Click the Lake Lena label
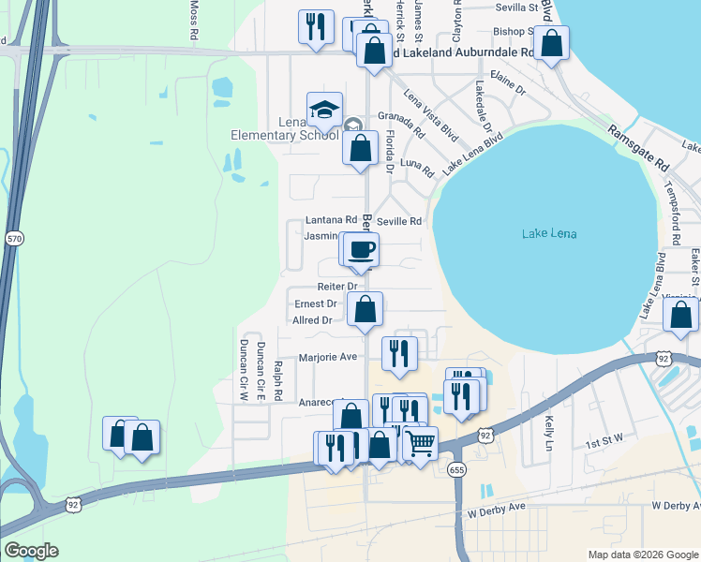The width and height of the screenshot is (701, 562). point(549,233)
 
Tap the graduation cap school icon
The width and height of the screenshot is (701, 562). point(324,111)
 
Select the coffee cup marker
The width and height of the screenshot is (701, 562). point(362,250)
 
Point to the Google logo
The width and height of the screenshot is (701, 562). point(30,551)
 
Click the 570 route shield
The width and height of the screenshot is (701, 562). point(13,238)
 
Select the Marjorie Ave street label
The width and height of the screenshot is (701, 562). point(328,357)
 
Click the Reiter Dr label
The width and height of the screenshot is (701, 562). point(339,286)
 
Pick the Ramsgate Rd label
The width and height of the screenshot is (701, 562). point(637,148)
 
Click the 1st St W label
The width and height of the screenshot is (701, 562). point(604,443)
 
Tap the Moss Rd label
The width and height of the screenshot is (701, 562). point(195,19)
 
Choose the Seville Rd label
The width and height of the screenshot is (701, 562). point(399,221)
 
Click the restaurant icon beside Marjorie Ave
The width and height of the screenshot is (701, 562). point(399,353)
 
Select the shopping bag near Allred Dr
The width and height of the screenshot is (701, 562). point(365,308)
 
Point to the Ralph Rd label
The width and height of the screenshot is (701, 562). point(277,379)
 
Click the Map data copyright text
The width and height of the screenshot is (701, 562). point(641,555)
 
